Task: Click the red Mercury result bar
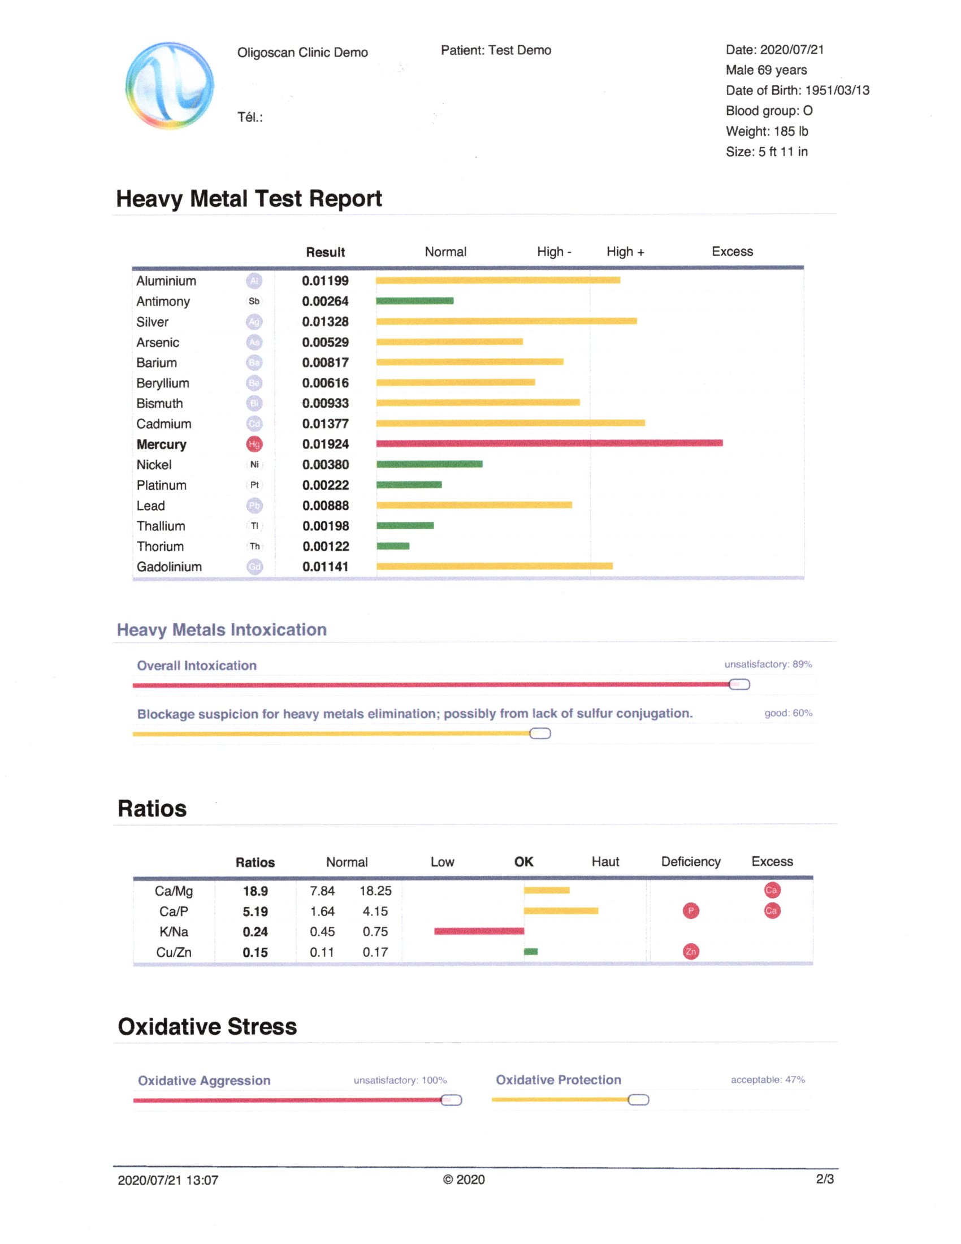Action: [549, 443]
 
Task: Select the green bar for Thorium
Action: [393, 546]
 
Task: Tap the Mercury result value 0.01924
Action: [325, 444]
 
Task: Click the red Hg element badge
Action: [254, 444]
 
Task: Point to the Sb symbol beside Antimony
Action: [254, 301]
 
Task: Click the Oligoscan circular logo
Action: [170, 85]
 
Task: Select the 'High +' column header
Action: [625, 252]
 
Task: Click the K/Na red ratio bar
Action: [479, 931]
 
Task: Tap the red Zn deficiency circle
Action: [691, 952]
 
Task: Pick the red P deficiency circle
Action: [691, 911]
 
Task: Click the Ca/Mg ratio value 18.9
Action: [255, 891]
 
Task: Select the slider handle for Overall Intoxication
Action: [739, 685]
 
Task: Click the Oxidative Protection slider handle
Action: [638, 1100]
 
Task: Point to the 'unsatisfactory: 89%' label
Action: [768, 664]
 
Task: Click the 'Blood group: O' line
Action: [769, 110]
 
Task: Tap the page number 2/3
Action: [824, 1179]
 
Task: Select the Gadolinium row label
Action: [169, 567]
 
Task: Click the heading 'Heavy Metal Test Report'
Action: [249, 199]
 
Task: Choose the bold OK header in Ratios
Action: [524, 862]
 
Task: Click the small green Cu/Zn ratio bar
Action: [531, 952]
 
